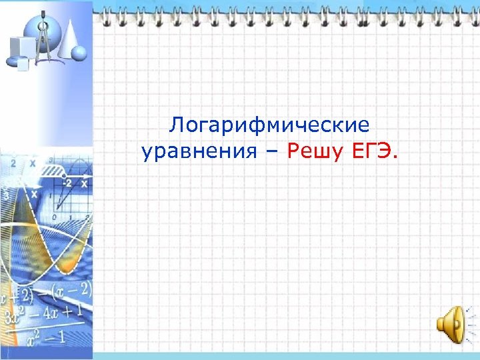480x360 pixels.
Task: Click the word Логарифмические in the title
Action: click(269, 125)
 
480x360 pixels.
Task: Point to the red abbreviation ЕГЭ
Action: click(370, 153)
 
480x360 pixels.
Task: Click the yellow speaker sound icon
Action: click(451, 325)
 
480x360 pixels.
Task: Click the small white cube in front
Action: click(23, 65)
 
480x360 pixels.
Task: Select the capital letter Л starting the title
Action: click(176, 125)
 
